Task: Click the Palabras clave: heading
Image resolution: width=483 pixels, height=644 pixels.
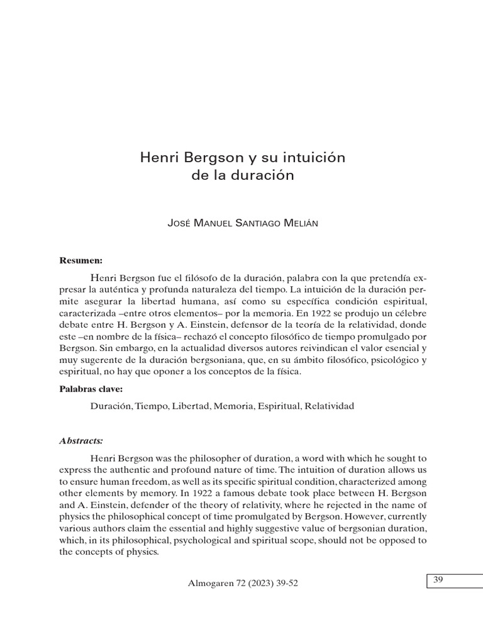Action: (91, 389)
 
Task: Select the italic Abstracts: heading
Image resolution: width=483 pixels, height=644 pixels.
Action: (81, 440)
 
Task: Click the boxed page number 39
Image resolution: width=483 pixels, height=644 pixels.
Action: (438, 580)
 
